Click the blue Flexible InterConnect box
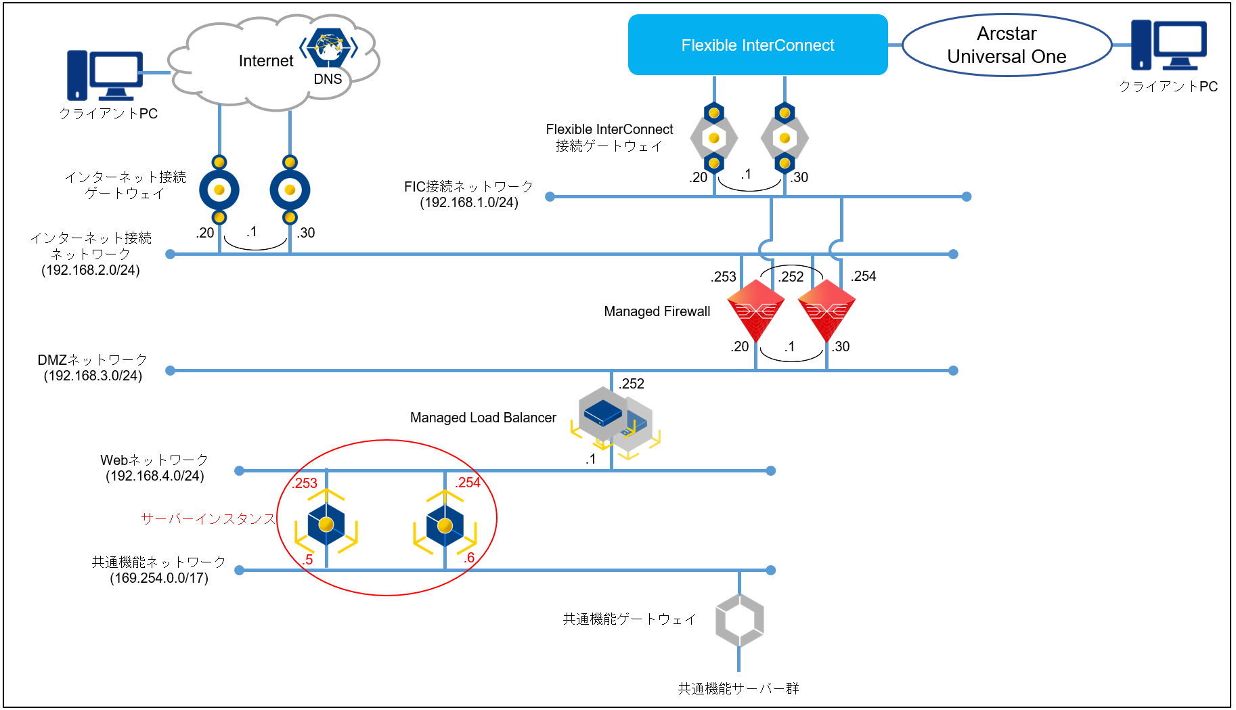(757, 45)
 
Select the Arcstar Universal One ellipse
(1007, 45)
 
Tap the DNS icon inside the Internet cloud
(329, 47)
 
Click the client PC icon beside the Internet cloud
(105, 75)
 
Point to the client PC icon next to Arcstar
(1169, 45)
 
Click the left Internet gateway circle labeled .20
(219, 190)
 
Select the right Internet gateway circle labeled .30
(290, 190)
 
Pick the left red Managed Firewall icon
(755, 311)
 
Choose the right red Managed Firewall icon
(826, 311)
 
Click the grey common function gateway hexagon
(739, 620)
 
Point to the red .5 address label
(308, 560)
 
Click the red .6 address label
(469, 558)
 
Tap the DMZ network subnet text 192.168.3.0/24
(93, 376)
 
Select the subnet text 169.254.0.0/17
(159, 578)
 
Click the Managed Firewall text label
(657, 311)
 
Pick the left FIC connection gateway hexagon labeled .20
(713, 138)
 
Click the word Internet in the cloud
(266, 61)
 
